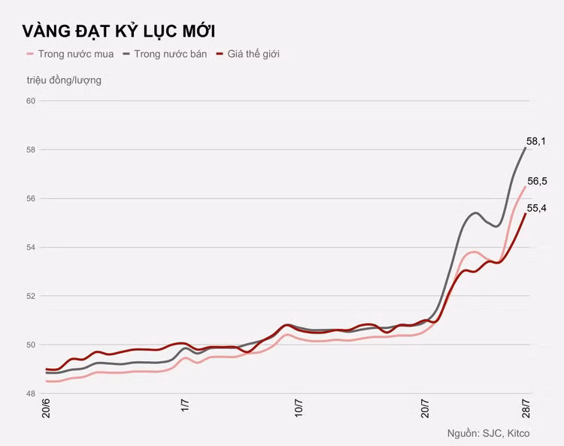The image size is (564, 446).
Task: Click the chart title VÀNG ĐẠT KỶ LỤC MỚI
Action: tap(119, 31)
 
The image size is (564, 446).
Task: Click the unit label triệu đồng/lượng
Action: tap(64, 80)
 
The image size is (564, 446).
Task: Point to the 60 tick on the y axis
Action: tap(31, 101)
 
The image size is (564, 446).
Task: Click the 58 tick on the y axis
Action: tap(31, 149)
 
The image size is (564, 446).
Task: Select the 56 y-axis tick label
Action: tap(31, 198)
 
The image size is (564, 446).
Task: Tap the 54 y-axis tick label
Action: tap(31, 247)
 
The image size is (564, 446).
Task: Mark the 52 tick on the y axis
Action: tap(31, 296)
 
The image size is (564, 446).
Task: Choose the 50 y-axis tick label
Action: tap(31, 345)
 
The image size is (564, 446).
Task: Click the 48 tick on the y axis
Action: tap(31, 393)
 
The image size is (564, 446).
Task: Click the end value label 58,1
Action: tap(537, 140)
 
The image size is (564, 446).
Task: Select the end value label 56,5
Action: tap(537, 181)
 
